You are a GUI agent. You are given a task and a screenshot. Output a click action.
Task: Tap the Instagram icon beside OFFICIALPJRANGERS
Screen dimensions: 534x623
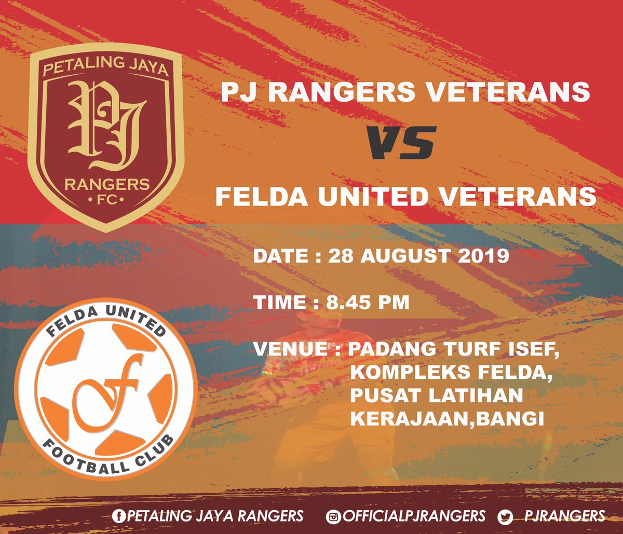332,516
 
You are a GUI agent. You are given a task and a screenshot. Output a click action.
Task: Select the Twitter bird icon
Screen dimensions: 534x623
505,516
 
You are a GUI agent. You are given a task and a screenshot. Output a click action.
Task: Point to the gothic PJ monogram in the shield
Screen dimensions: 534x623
105,127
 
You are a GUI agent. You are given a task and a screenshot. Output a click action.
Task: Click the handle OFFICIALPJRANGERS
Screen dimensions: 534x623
412,516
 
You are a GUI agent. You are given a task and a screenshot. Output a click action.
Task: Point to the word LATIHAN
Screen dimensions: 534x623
476,395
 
